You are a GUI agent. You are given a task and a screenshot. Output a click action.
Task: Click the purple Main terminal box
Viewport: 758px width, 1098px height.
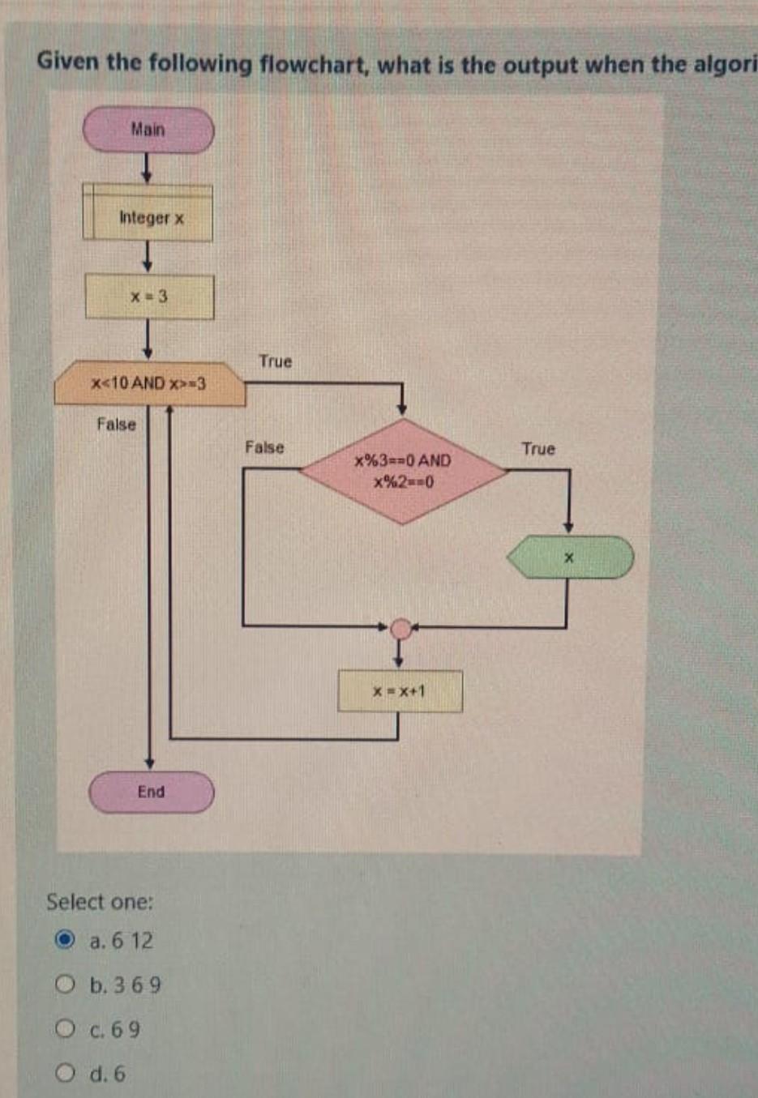tap(148, 130)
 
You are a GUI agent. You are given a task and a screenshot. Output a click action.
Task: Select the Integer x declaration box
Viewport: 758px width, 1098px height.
tap(148, 216)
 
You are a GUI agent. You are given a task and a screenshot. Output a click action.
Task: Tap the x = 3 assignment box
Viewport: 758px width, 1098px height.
tap(149, 297)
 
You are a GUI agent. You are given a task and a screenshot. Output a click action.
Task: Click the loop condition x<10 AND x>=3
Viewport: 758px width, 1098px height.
tap(149, 383)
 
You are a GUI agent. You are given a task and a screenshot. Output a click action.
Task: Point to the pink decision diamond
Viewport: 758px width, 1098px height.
tap(403, 471)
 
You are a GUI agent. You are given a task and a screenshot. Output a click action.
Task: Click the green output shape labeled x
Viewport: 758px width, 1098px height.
tap(569, 558)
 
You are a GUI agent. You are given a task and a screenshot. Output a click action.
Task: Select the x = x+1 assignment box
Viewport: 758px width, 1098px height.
tap(400, 691)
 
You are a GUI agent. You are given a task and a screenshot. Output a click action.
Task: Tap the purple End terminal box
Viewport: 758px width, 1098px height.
tap(151, 792)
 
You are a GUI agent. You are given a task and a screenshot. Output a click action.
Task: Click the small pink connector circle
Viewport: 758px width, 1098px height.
tap(400, 628)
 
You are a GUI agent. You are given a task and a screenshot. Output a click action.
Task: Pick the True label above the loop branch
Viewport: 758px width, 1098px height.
tap(275, 361)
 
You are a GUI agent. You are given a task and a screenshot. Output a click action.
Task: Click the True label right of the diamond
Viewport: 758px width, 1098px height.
tap(538, 449)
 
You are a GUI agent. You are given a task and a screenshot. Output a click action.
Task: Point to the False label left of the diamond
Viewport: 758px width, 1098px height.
tap(264, 447)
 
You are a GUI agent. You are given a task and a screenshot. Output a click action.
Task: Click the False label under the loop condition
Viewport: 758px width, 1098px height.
tap(117, 424)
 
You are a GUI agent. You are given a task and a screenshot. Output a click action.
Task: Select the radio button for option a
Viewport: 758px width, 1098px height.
tap(65, 941)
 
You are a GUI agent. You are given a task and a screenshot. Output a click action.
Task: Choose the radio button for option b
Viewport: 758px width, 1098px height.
tap(65, 985)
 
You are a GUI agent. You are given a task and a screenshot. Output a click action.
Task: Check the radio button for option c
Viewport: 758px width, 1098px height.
tap(65, 1029)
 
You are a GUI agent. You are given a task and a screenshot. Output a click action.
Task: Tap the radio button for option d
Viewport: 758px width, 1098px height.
tap(65, 1074)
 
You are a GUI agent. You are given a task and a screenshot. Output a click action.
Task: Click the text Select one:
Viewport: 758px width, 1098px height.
tap(100, 902)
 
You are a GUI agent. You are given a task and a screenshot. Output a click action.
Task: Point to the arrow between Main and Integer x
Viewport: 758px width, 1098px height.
tap(145, 168)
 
